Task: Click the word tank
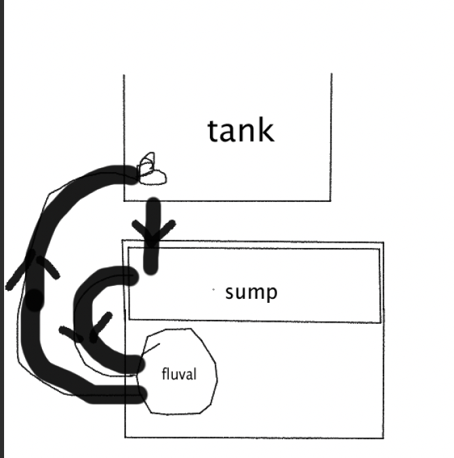point(241,131)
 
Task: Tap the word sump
point(251,293)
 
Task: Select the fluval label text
point(179,373)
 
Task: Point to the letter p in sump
point(270,295)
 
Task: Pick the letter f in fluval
point(165,373)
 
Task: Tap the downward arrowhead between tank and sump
point(154,234)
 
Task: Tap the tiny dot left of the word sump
point(213,291)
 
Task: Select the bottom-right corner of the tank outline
point(331,201)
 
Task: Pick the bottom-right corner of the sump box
point(380,322)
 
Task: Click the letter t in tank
point(214,131)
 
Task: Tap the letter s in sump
point(230,293)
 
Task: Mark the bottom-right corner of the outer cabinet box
point(384,438)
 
